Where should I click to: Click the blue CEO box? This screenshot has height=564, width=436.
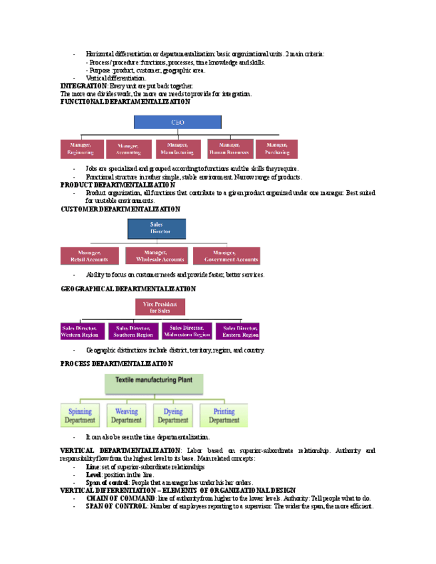(178, 122)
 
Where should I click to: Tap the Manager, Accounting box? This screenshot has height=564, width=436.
(128, 148)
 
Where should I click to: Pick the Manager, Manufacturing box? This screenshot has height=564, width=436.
(178, 148)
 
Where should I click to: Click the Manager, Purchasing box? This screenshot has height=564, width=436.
(278, 148)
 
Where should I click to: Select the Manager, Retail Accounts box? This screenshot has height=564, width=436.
(89, 255)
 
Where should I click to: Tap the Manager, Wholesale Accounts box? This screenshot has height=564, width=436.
(156, 255)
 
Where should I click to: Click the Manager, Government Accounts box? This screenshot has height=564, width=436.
(226, 255)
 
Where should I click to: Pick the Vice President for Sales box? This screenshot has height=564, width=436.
(160, 307)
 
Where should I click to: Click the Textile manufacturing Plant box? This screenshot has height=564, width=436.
(154, 382)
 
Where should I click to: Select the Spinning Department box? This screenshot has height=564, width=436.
(81, 416)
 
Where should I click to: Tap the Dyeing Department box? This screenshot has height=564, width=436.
(173, 416)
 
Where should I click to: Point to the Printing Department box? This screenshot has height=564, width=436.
(224, 416)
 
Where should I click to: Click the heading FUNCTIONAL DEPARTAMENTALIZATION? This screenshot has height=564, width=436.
(125, 102)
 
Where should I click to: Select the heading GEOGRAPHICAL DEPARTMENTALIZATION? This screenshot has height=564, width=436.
(128, 289)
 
